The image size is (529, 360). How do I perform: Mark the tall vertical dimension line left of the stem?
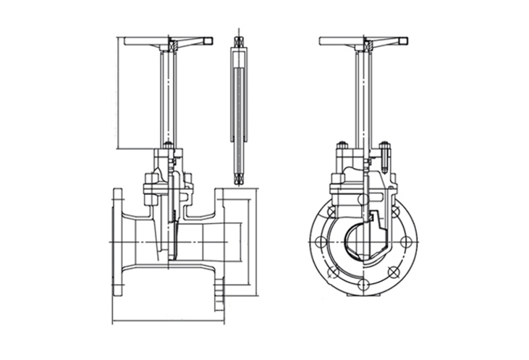click(x=117, y=94)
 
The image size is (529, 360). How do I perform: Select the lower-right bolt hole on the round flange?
click(x=392, y=272)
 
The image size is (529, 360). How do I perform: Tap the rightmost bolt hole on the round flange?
click(x=407, y=242)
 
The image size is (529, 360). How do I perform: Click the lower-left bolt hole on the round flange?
click(x=331, y=272)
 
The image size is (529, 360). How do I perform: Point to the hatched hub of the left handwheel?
click(x=174, y=46)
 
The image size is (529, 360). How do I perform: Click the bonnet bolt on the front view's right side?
click(x=386, y=154)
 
